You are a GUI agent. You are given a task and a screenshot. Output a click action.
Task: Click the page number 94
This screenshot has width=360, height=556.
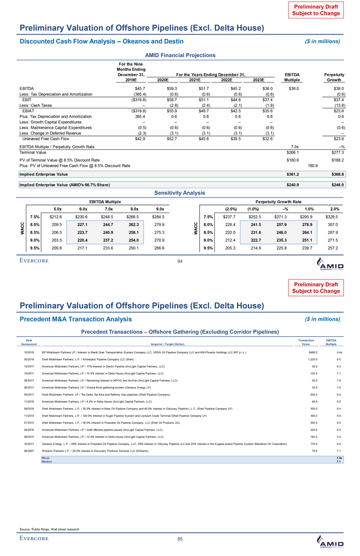click(180, 260)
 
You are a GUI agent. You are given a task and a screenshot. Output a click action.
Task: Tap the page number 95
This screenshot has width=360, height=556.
click(180, 540)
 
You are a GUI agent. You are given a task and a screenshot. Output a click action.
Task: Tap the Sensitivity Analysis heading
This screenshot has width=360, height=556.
click(180, 194)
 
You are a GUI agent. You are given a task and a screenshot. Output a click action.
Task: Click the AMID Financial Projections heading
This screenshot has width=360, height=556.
click(180, 55)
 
